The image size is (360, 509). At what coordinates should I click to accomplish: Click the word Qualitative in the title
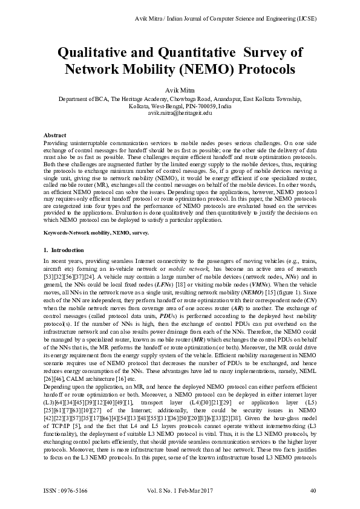(94, 52)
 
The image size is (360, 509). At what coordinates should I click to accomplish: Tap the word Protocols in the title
(267, 68)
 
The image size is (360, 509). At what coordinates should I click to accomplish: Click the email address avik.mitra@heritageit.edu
(180, 112)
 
